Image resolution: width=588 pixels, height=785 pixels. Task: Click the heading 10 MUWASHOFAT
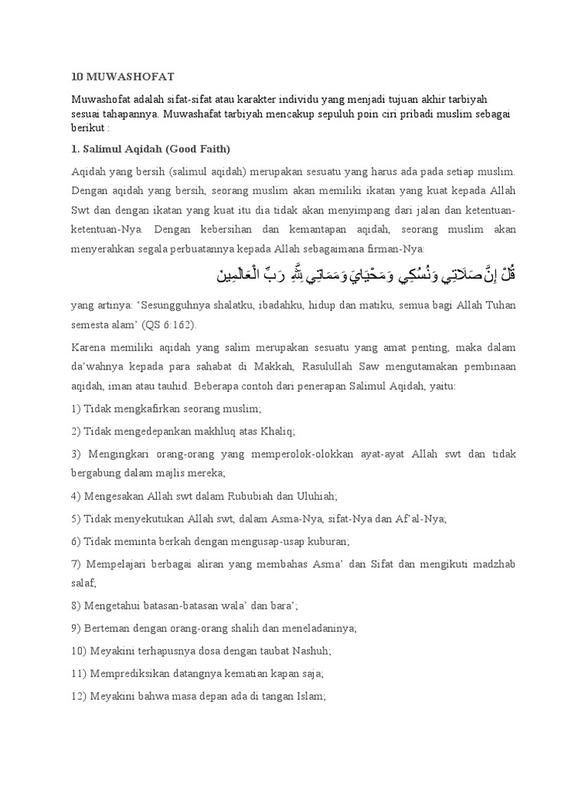click(x=122, y=77)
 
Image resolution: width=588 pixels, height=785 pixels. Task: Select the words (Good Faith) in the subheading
click(x=200, y=147)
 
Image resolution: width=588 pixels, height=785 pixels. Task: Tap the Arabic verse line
click(x=363, y=274)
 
